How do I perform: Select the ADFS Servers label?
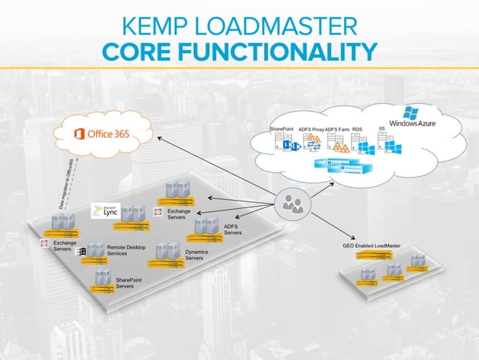tap(233, 229)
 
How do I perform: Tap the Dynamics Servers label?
tap(194, 255)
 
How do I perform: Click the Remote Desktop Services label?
tap(127, 250)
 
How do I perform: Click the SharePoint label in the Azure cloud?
tap(283, 129)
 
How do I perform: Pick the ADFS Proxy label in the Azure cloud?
tap(311, 129)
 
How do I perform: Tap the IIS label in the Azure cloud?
tap(382, 129)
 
